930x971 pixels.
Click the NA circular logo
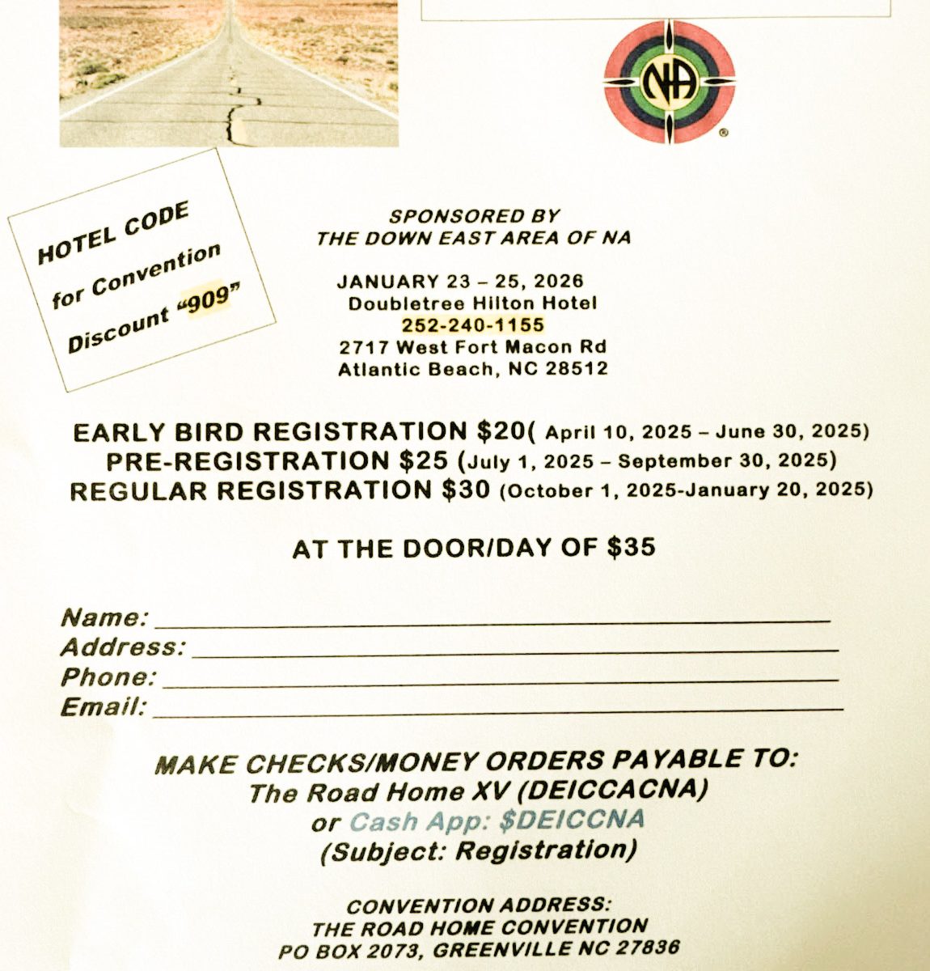(x=670, y=81)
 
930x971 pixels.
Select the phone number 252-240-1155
(x=473, y=325)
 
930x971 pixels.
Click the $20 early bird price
(x=501, y=430)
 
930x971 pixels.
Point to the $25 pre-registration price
(x=423, y=460)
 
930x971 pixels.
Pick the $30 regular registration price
(x=465, y=490)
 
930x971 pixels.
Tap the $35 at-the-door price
(x=631, y=547)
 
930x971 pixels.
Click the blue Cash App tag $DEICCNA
(x=572, y=820)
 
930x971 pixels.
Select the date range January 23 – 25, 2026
(x=460, y=282)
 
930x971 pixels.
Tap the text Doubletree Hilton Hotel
(x=473, y=303)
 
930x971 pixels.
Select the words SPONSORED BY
(x=474, y=216)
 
